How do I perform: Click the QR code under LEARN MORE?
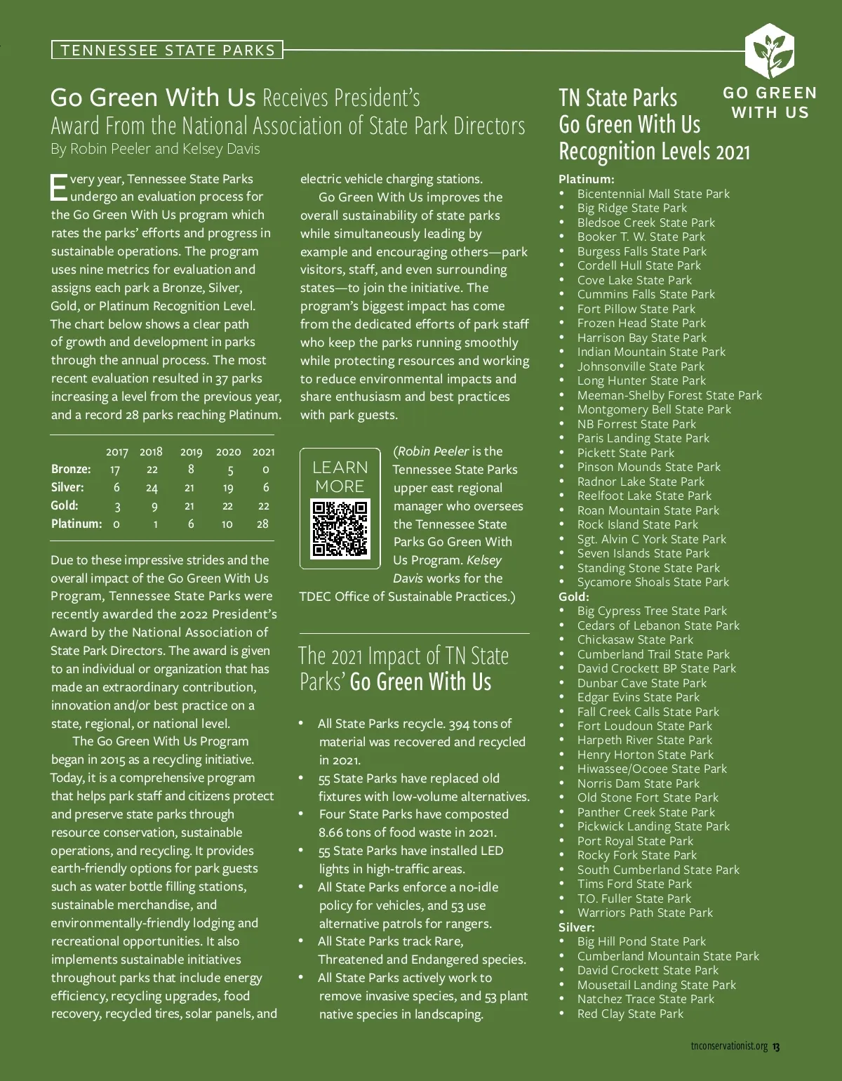click(x=340, y=528)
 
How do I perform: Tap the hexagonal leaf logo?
click(x=769, y=51)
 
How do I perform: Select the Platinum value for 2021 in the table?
click(x=262, y=524)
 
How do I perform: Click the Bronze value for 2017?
click(x=115, y=470)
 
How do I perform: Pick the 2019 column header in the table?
click(x=191, y=452)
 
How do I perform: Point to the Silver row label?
click(x=67, y=487)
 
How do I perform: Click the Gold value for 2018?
click(x=154, y=506)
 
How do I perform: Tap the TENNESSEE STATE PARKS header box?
click(x=167, y=50)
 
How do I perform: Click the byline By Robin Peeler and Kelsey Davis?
click(x=155, y=149)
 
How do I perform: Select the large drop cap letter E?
click(x=59, y=187)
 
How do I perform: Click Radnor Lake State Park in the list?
click(x=641, y=482)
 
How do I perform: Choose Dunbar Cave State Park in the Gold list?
click(x=641, y=683)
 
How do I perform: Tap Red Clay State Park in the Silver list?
click(x=630, y=1014)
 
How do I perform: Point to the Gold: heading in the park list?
click(x=573, y=597)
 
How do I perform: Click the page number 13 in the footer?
click(x=776, y=1047)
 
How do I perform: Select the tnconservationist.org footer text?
click(x=729, y=1047)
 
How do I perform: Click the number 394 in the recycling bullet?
click(x=459, y=724)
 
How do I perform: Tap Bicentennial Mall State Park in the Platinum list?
click(x=653, y=194)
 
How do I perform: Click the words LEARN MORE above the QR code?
click(x=340, y=477)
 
